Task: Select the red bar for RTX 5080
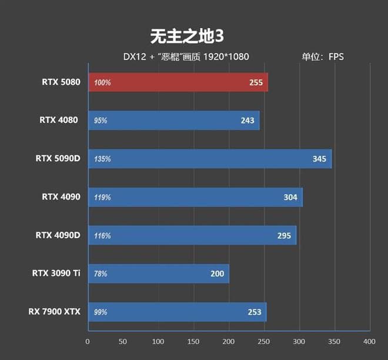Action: (x=178, y=82)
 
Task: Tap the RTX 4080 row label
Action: (x=60, y=121)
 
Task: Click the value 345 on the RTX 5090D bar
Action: (x=319, y=159)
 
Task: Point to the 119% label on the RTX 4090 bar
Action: (x=102, y=198)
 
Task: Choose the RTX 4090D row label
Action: (x=58, y=235)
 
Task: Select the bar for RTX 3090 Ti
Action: (x=158, y=274)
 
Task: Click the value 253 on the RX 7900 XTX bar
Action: (x=255, y=312)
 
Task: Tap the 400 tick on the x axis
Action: (x=369, y=341)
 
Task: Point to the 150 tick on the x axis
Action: (x=193, y=341)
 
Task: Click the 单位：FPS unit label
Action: (x=323, y=57)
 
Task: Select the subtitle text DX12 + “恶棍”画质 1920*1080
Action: (x=186, y=57)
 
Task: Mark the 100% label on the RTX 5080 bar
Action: (x=102, y=83)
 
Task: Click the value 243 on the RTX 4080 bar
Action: (x=247, y=121)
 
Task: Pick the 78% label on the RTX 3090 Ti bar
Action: (x=101, y=274)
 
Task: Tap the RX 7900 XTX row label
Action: (x=54, y=311)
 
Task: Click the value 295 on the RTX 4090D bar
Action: (x=285, y=236)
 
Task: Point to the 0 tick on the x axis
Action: (x=88, y=341)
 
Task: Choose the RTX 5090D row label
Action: (x=58, y=158)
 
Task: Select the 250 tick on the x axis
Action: (x=264, y=341)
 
